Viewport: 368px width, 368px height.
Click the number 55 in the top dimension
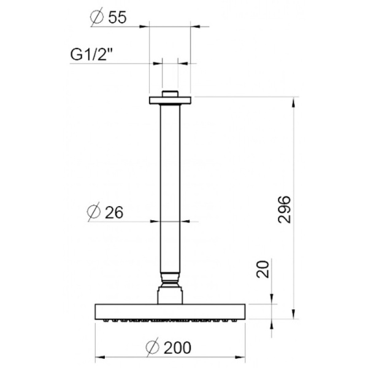[117, 17]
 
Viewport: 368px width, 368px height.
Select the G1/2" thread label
[91, 54]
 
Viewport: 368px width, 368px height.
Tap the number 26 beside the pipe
[114, 212]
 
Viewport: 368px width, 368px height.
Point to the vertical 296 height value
[284, 209]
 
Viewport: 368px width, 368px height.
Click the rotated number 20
[263, 269]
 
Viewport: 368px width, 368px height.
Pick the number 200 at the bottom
[177, 348]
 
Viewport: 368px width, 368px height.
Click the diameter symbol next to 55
[97, 17]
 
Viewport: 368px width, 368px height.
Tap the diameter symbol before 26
[94, 212]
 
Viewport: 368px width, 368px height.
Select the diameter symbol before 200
[153, 347]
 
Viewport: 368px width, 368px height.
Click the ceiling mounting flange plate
[170, 100]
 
